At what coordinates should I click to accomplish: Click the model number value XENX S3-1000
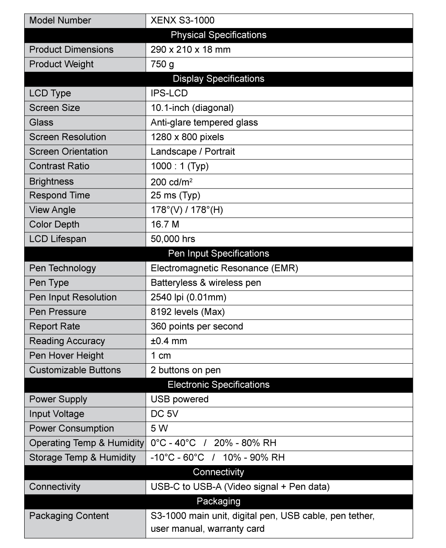coord(182,20)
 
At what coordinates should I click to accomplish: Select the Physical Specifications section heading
coord(218,35)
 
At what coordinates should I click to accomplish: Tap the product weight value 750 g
coord(162,64)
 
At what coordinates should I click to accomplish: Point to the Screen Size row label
coord(54,108)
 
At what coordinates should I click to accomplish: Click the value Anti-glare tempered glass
coord(204,123)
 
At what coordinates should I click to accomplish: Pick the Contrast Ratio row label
coord(59,166)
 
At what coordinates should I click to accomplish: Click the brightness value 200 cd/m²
coord(172,182)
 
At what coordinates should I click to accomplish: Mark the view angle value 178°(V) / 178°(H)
coord(186,210)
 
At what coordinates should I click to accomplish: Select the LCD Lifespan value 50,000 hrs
coord(173,239)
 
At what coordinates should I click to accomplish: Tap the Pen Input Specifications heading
coord(218,254)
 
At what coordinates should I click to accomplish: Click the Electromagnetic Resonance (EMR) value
coord(224,268)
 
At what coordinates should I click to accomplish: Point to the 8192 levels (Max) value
coord(187,312)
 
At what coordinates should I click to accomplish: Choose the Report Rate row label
coord(54,327)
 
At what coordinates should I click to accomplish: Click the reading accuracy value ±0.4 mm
coord(169,341)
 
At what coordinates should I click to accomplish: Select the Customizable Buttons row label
coord(75,370)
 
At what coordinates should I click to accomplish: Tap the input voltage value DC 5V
coord(164,414)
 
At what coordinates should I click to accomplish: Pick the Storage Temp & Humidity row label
coord(82,458)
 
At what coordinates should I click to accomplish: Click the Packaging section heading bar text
coord(218,502)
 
